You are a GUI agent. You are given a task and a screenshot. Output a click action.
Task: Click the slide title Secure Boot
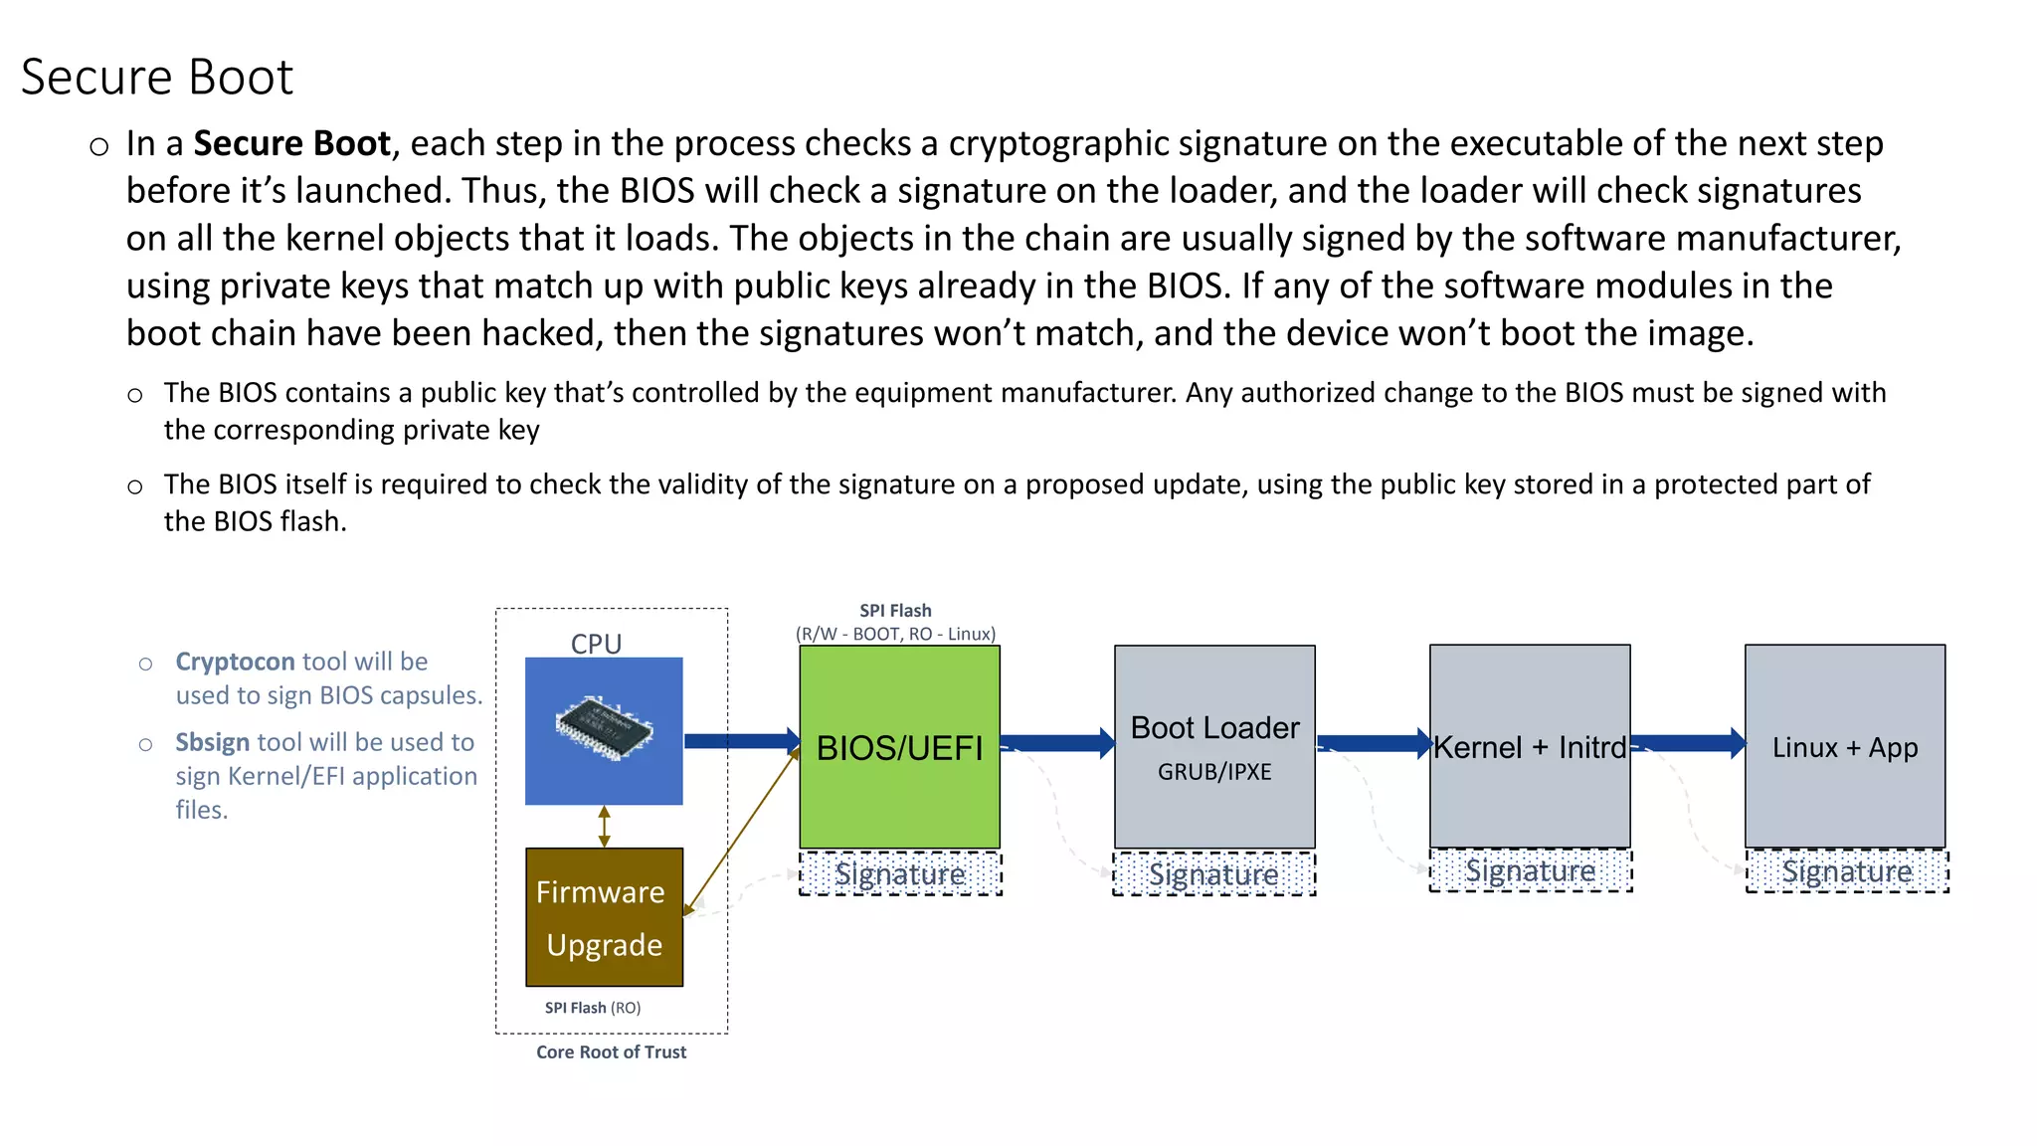[x=157, y=78]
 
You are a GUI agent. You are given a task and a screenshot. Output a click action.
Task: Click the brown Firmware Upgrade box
[x=604, y=917]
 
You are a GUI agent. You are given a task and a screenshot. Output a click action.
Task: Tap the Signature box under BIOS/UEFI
[x=900, y=874]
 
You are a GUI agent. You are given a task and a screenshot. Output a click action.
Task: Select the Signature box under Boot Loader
[x=1214, y=874]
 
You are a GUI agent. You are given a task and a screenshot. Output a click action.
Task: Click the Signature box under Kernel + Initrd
[x=1531, y=871]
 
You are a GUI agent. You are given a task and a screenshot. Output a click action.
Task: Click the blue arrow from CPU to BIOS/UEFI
[x=741, y=741]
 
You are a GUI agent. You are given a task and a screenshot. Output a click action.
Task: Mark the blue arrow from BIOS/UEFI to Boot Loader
[x=1056, y=743]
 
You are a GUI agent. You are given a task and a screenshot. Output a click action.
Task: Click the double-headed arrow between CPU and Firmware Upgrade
[x=604, y=827]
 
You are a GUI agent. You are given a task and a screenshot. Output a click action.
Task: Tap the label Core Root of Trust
[x=611, y=1052]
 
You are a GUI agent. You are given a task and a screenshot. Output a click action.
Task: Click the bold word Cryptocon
[x=235, y=662]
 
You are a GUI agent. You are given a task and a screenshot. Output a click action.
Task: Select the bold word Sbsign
[x=213, y=742]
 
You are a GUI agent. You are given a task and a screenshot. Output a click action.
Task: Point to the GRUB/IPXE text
[x=1214, y=772]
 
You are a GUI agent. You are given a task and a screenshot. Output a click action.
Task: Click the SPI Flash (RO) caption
[x=593, y=1008]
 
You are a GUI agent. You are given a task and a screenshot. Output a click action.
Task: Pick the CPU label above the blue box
[x=596, y=644]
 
